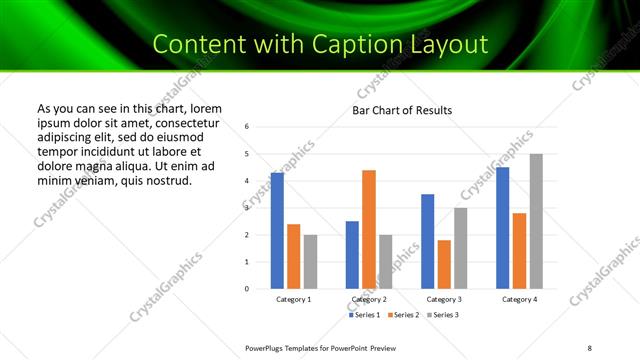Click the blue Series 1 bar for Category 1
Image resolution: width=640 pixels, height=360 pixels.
(277, 231)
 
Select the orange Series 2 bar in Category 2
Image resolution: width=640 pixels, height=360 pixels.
(369, 229)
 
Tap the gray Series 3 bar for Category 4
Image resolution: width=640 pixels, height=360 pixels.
(536, 221)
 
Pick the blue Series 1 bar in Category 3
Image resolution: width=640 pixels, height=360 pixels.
(428, 241)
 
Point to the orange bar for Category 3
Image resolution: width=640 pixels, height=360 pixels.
(444, 264)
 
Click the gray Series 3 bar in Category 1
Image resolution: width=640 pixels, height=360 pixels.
(310, 262)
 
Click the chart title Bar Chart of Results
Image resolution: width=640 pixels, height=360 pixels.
(402, 110)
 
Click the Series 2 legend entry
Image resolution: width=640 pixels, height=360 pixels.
(402, 315)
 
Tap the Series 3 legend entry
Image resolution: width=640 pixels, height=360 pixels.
(441, 315)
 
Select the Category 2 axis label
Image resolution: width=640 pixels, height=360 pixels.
(369, 300)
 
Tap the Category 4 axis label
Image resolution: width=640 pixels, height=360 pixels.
(519, 300)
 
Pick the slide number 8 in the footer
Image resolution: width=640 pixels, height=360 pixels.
(590, 347)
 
